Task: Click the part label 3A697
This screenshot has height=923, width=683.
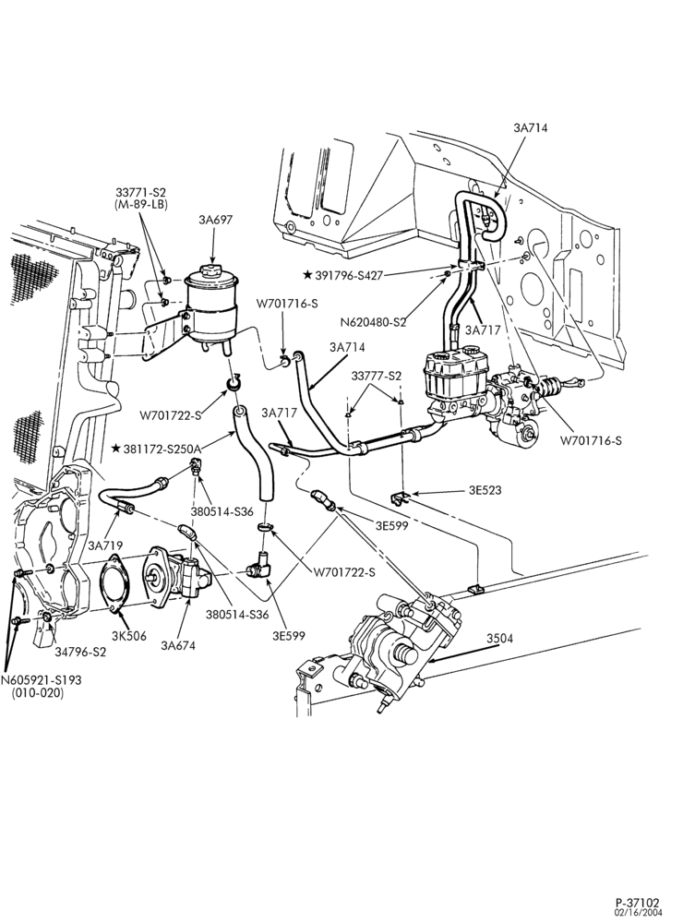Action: point(215,220)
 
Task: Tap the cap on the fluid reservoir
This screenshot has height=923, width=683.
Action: point(210,271)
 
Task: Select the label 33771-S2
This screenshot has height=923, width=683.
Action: point(140,193)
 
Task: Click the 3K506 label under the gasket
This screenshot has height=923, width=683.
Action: point(128,636)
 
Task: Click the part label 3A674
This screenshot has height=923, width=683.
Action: point(178,645)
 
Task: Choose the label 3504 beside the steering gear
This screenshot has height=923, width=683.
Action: point(499,638)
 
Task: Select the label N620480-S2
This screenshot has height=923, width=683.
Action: point(373,322)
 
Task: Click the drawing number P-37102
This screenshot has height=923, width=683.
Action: point(638,903)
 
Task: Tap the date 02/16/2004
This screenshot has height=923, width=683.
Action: point(639,913)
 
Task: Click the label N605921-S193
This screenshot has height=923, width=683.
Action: point(41,680)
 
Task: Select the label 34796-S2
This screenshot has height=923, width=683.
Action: point(80,652)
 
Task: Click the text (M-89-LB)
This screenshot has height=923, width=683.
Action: point(141,204)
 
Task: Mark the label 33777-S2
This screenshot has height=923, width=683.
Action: point(377,376)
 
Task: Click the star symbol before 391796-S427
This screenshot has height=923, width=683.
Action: point(307,275)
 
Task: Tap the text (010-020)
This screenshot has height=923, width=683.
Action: point(38,693)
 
